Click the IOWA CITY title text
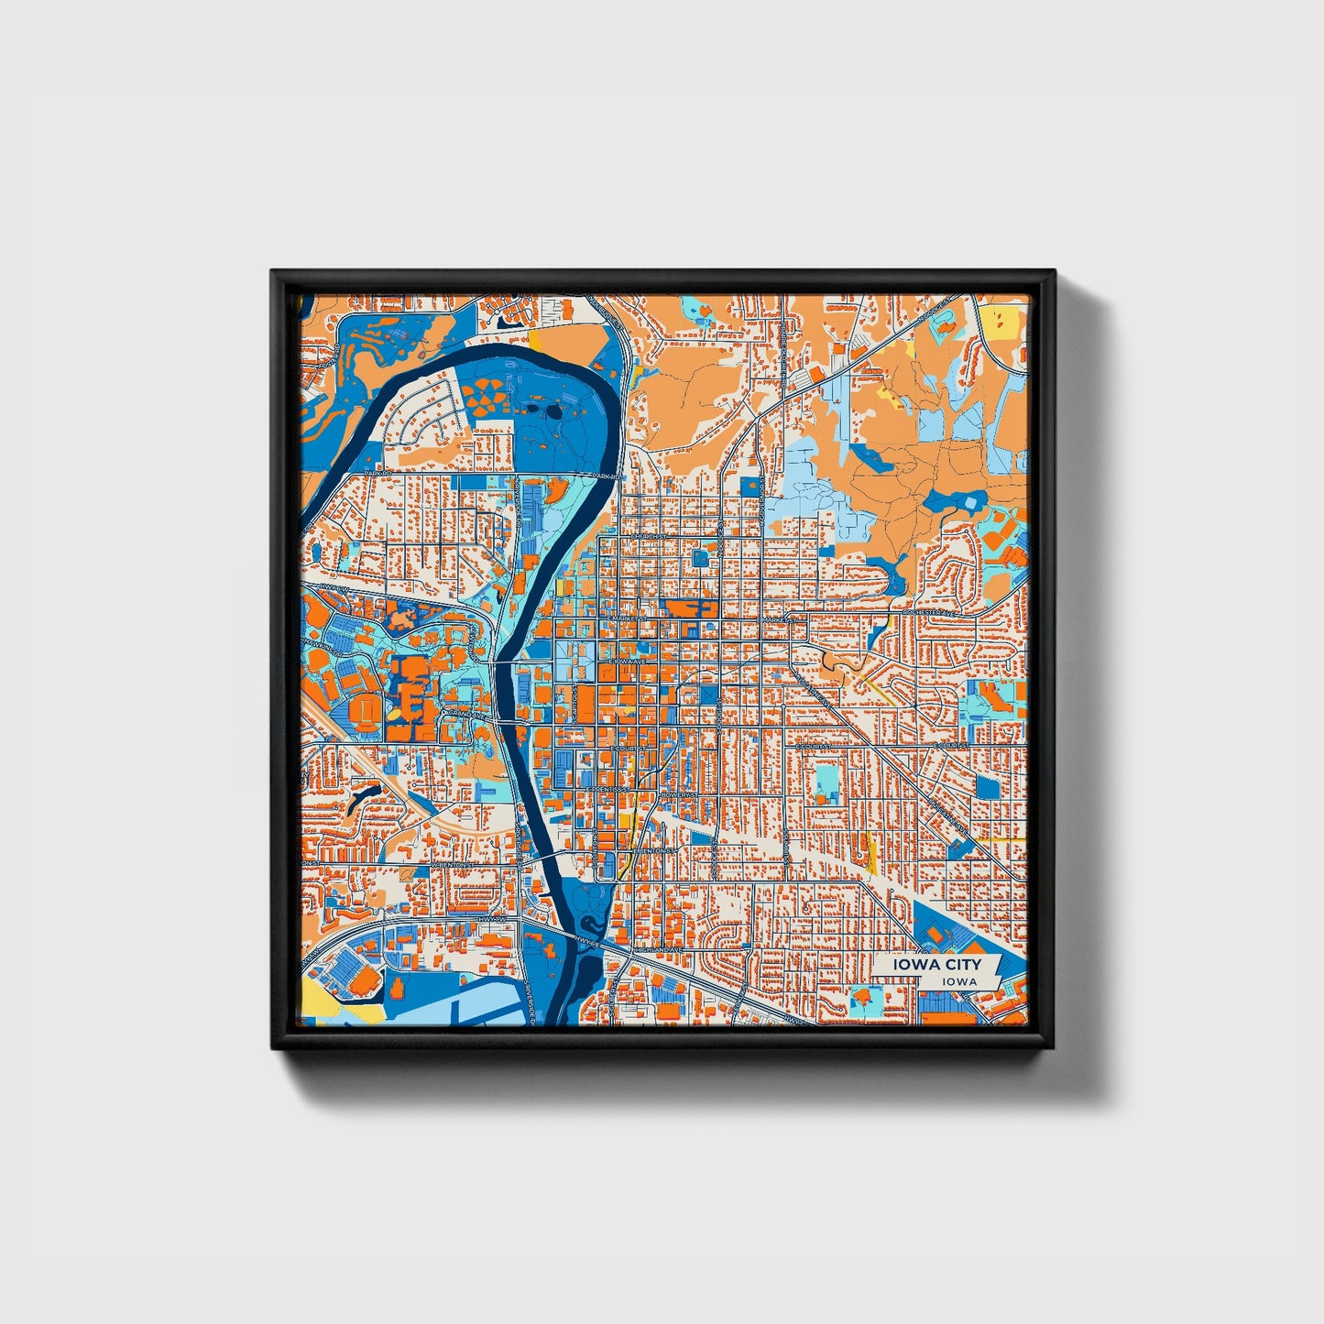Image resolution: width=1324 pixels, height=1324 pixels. click(939, 964)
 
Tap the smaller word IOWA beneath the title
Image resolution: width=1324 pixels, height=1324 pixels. click(958, 981)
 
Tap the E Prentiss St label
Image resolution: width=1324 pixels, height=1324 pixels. click(609, 788)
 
